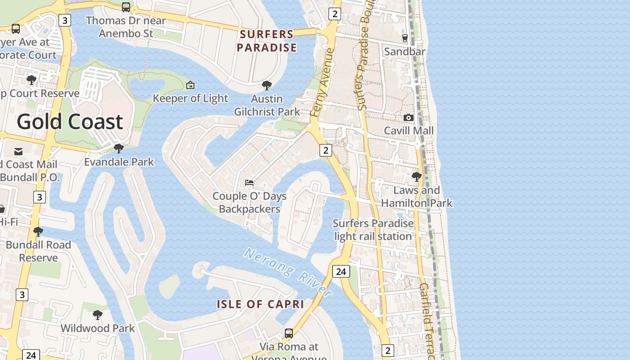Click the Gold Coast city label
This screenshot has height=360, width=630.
pyautogui.click(x=70, y=121)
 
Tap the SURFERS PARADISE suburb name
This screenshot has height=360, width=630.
pyautogui.click(x=267, y=40)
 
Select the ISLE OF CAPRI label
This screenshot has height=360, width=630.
pyautogui.click(x=261, y=304)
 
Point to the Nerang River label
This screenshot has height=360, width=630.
pyautogui.click(x=288, y=272)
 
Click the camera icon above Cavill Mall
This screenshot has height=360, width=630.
pyautogui.click(x=409, y=117)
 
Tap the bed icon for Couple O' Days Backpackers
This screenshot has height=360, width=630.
pyautogui.click(x=249, y=182)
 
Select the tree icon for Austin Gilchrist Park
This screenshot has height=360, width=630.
pyautogui.click(x=267, y=85)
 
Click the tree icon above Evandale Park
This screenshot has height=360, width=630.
pyautogui.click(x=119, y=148)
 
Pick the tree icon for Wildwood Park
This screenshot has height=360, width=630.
pyautogui.click(x=97, y=315)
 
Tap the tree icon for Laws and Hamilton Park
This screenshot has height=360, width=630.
pyautogui.click(x=417, y=176)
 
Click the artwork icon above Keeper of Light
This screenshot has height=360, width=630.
pyautogui.click(x=190, y=85)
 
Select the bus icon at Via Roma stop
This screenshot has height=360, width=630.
pyautogui.click(x=289, y=333)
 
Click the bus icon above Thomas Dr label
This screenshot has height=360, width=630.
pyautogui.click(x=126, y=7)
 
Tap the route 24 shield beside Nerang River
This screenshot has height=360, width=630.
pyautogui.click(x=341, y=271)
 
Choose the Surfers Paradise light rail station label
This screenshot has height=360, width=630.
pyautogui.click(x=373, y=229)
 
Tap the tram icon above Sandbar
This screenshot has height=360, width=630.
pyautogui.click(x=405, y=38)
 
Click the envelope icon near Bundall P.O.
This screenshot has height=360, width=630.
pyautogui.click(x=18, y=151)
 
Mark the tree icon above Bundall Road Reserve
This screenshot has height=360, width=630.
pyautogui.click(x=38, y=231)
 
